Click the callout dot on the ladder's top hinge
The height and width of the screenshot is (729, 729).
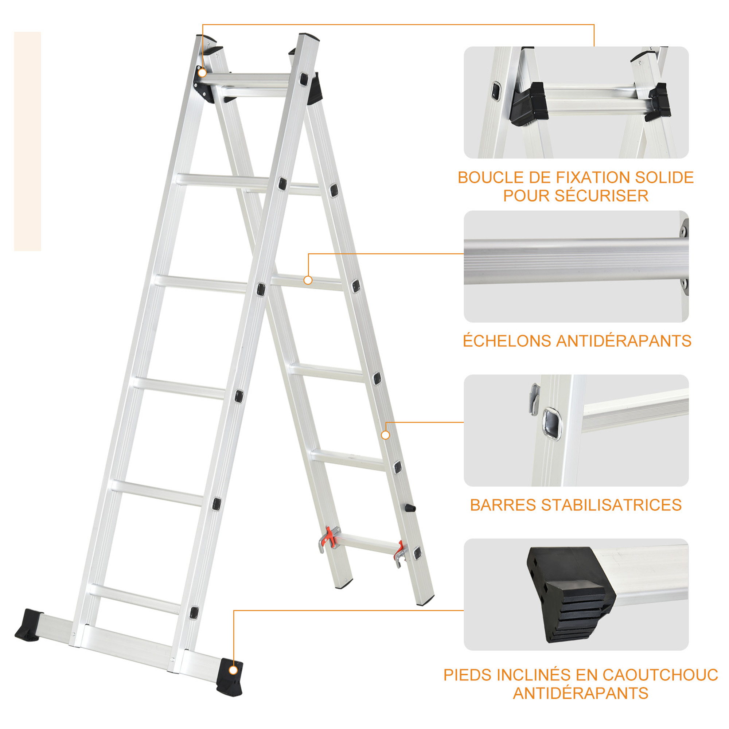coord(203,73)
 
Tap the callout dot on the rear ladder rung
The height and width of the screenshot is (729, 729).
coord(308,280)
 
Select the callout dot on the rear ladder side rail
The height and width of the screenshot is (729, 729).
coord(385,436)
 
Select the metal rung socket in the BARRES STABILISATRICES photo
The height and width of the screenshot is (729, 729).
coord(551,424)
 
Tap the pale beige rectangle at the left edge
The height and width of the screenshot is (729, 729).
coord(28,141)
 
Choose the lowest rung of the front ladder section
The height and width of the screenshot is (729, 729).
coord(135,599)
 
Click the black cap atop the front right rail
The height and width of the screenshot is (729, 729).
coord(309,36)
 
